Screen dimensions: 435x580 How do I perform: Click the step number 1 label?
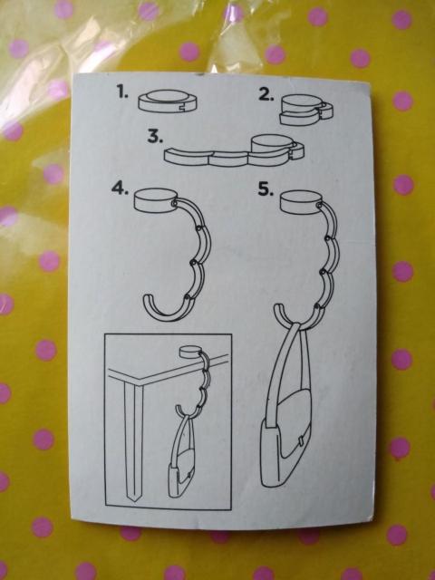click(x=123, y=92)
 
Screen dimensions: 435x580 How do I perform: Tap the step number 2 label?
click(x=266, y=94)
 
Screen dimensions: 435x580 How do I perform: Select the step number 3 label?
click(x=155, y=137)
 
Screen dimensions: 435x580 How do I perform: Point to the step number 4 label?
click(x=120, y=188)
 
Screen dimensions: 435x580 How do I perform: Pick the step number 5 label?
click(x=266, y=189)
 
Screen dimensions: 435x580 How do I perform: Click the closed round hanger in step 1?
click(x=168, y=101)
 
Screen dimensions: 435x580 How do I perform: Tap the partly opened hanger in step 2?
click(x=306, y=110)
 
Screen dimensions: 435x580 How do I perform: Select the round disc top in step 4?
click(x=155, y=200)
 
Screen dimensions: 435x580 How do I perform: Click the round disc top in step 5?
click(x=301, y=202)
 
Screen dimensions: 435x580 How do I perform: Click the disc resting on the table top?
click(x=190, y=352)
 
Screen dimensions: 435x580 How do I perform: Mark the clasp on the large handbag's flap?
click(x=300, y=442)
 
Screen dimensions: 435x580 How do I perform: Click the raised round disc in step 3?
click(x=273, y=144)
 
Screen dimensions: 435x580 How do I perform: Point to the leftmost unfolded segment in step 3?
click(x=188, y=157)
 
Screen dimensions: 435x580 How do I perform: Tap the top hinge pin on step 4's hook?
click(x=173, y=203)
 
